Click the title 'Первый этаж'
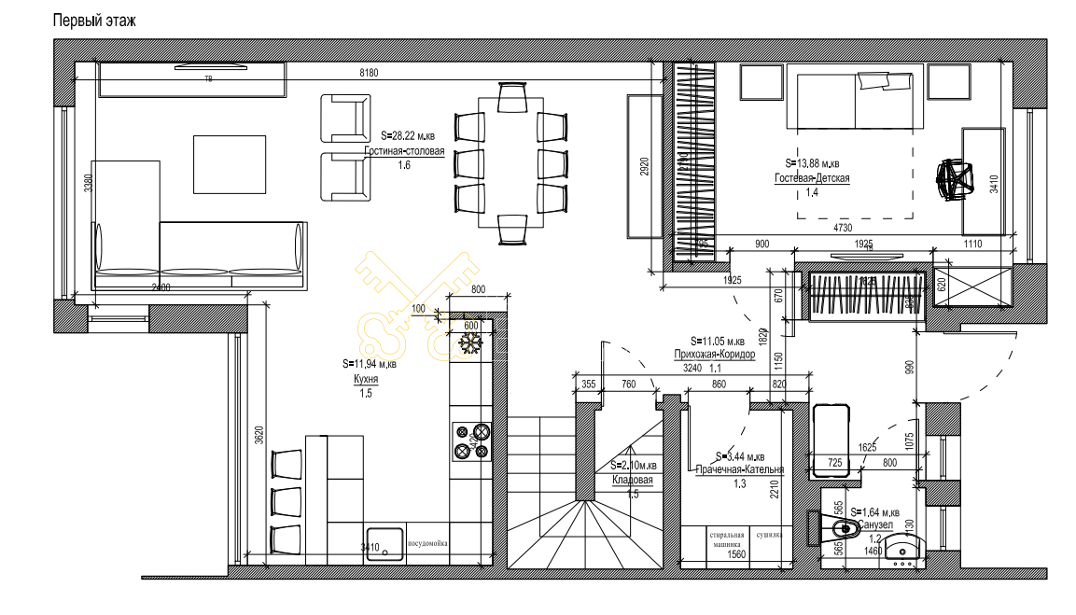click(x=94, y=21)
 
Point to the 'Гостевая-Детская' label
click(x=811, y=178)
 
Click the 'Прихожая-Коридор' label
click(x=714, y=355)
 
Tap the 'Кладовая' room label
click(x=633, y=480)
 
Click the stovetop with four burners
click(x=471, y=441)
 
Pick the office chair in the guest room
click(x=956, y=178)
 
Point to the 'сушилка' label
click(x=769, y=536)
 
